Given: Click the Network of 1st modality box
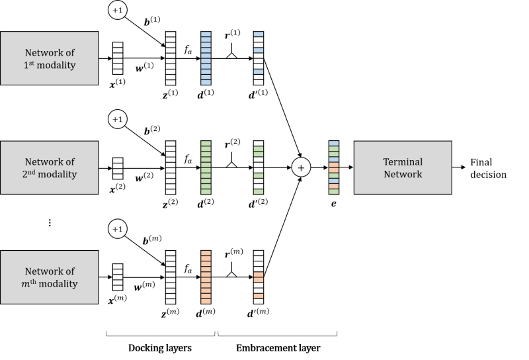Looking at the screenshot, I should pos(50,58).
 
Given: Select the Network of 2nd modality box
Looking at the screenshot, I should pos(50,167).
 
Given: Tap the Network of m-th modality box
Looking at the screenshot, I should pos(50,277).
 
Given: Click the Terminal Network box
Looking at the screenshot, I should pos(403,167).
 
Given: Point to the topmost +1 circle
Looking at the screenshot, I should pos(118,10).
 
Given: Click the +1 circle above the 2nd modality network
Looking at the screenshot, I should pos(118,119).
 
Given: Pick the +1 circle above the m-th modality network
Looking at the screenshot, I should pos(118,229).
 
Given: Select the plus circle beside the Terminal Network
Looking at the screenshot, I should pos(301,167).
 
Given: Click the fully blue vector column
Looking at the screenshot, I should pos(206,58).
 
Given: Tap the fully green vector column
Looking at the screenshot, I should pos(206,167).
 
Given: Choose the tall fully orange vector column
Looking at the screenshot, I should pos(206,277).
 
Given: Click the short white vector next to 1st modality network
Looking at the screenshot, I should pos(118,58).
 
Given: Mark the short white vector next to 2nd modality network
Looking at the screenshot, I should pos(118,168).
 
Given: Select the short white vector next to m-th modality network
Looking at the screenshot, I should pos(118,277).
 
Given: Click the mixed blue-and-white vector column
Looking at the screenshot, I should pos(259,58).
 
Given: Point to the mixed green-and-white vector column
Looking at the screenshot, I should pos(259,167).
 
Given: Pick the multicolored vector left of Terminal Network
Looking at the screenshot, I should pos(334,167).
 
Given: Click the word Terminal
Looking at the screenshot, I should pos(403,161).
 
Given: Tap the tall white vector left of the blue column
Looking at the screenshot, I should pos(171,58).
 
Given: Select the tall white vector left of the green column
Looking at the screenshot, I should pos(171,167).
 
